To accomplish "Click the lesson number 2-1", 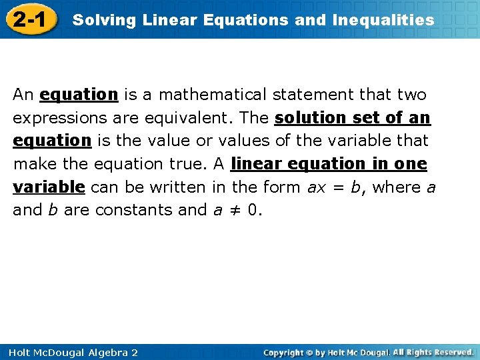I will click(29, 20).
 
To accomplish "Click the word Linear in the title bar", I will click(160, 20).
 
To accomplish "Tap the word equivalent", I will click(187, 118).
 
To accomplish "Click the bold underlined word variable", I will click(49, 187).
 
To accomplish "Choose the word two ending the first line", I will click(411, 95).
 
